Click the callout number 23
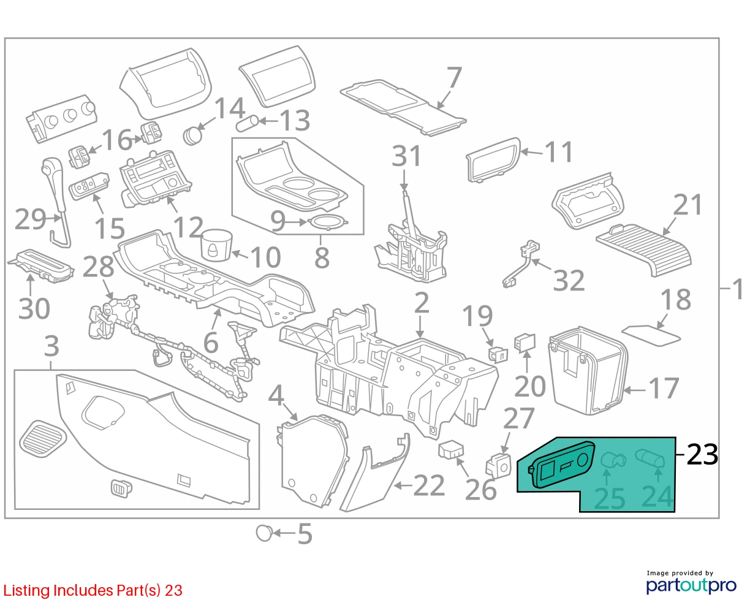click(702, 454)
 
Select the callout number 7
click(454, 78)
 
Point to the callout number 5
click(305, 534)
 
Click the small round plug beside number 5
click(264, 533)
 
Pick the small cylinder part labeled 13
click(247, 123)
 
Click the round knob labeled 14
click(193, 135)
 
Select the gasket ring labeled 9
click(328, 222)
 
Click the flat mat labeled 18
click(651, 335)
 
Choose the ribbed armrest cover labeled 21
click(644, 249)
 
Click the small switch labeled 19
click(498, 354)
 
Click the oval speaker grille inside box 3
click(43, 439)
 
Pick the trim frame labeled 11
click(493, 159)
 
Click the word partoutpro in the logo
click(691, 585)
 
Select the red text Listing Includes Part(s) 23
click(93, 590)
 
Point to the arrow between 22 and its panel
click(403, 486)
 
